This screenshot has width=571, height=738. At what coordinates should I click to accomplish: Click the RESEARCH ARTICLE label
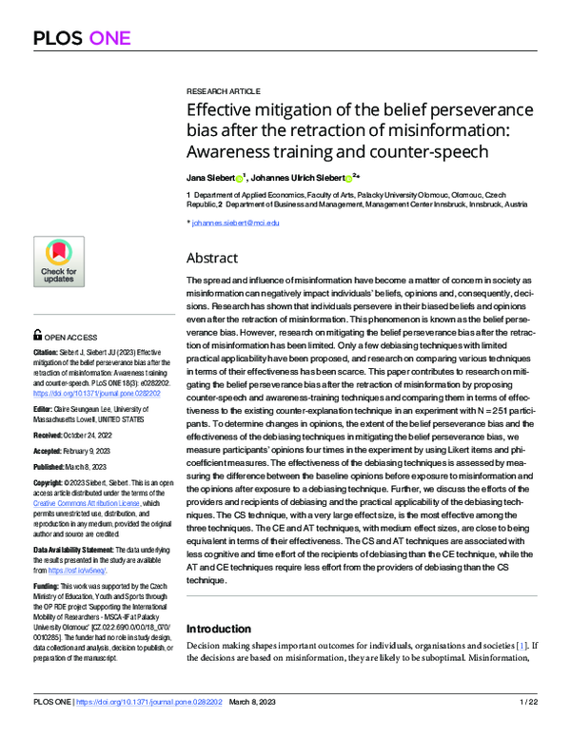click(220, 86)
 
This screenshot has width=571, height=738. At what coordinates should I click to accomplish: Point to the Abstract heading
click(212, 258)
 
